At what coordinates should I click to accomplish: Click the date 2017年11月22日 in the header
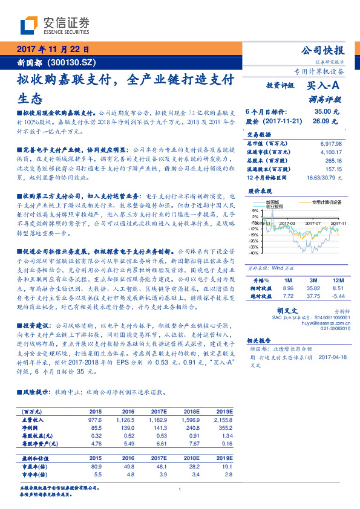pos(52,50)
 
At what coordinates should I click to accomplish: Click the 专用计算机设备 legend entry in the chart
pos(326,203)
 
